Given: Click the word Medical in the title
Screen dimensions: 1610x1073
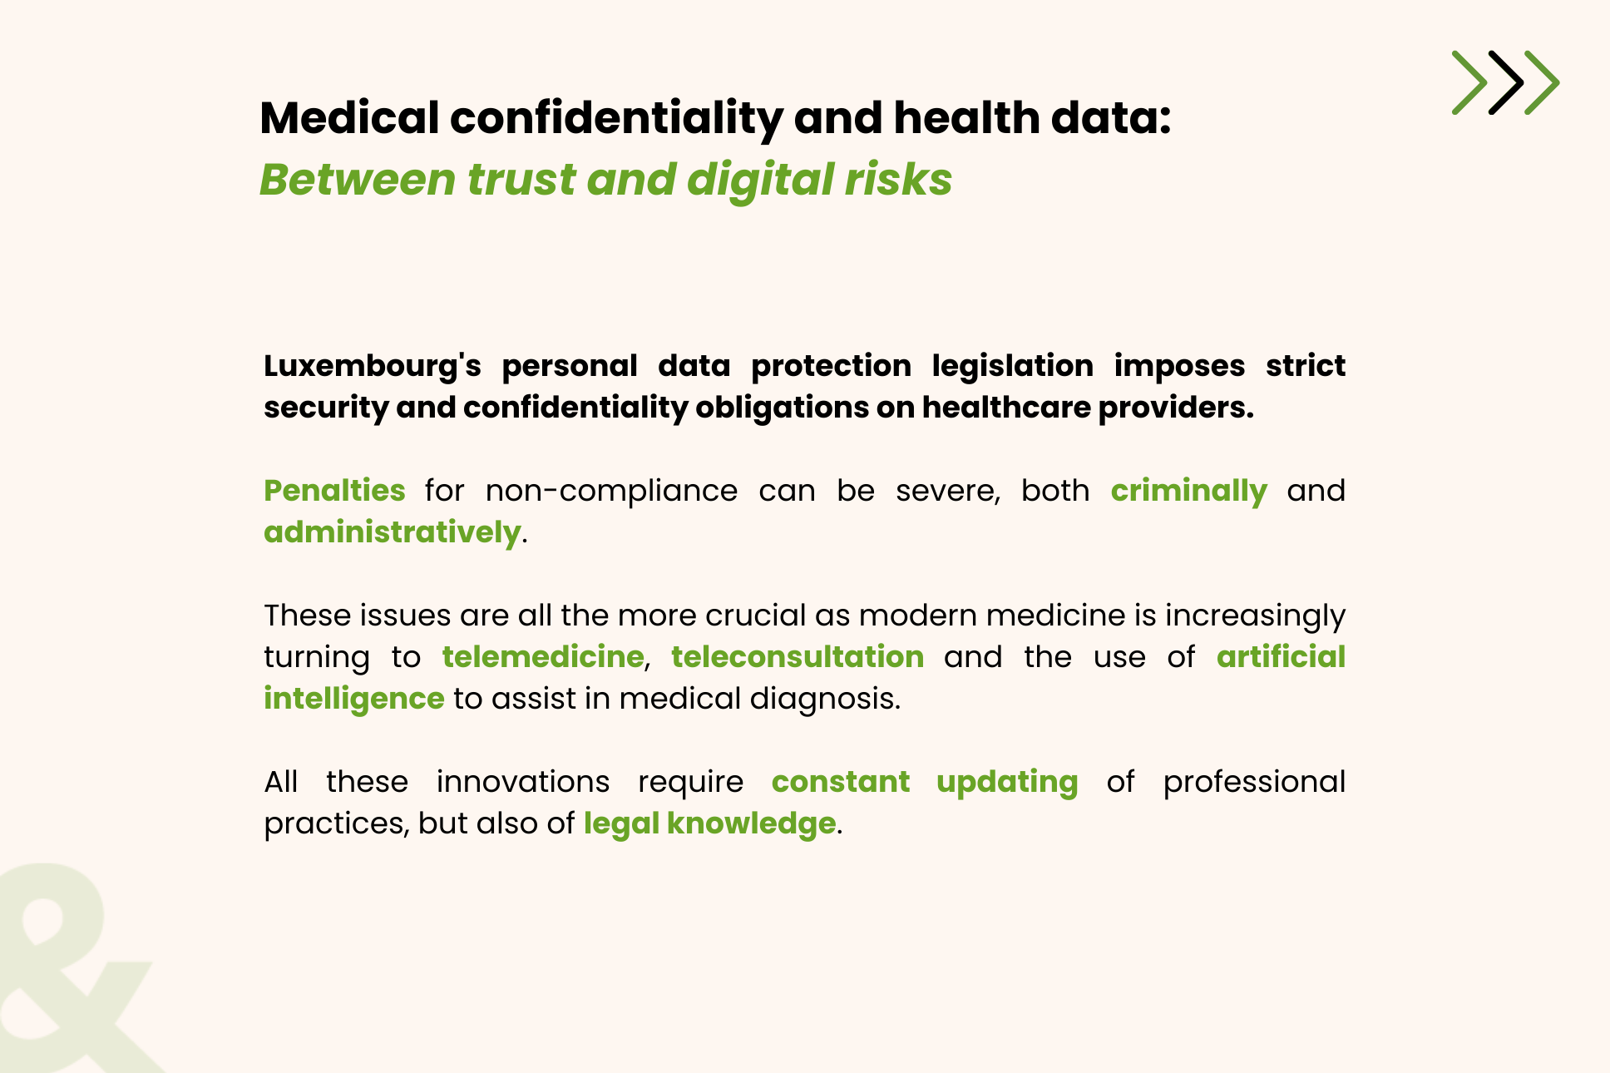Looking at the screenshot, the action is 349,117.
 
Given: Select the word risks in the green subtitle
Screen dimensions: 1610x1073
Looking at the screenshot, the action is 899,179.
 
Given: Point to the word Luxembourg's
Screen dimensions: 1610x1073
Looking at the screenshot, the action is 373,367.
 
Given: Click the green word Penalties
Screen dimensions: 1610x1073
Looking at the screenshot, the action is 334,490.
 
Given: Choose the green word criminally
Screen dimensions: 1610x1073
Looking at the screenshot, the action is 1189,492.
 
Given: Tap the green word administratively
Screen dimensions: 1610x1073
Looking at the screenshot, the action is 393,532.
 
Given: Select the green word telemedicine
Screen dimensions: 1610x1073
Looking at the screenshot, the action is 543,657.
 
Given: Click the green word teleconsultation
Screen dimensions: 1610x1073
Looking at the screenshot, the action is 798,657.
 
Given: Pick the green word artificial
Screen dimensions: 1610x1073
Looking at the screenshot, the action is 1281,657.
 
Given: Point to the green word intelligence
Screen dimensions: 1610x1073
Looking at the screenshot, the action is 354,700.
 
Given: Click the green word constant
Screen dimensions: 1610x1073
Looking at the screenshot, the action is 841,782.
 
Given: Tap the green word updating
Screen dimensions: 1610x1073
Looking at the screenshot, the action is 1007,783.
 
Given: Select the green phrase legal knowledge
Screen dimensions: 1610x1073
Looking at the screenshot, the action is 709,824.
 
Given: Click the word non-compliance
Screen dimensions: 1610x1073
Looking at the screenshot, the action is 611,492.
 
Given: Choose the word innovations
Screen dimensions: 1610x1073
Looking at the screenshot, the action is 523,782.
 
